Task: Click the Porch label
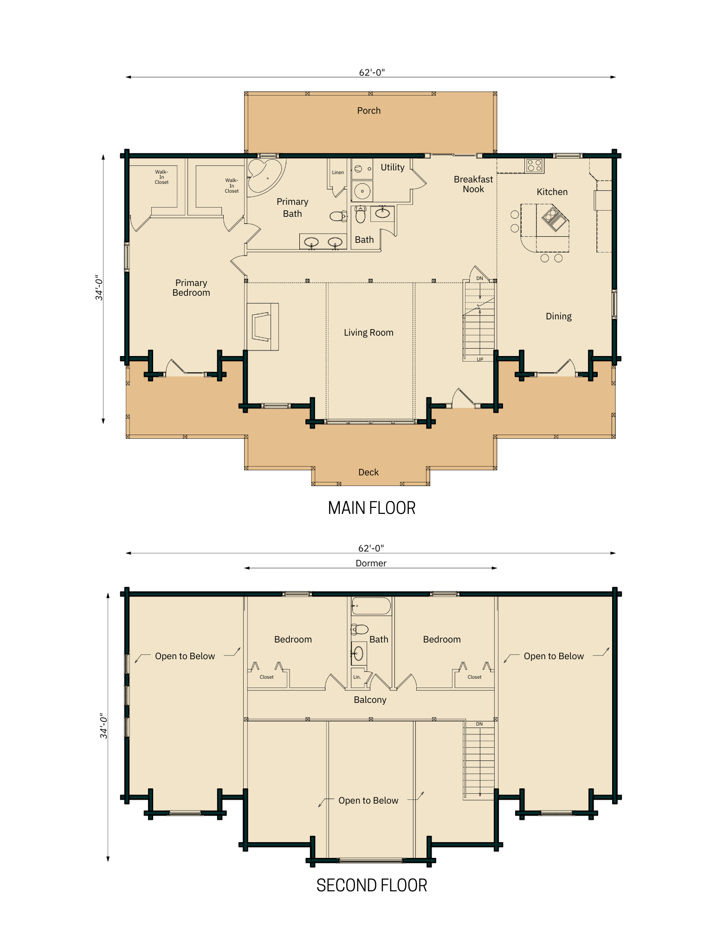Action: tap(368, 110)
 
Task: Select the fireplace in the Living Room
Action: tap(262, 326)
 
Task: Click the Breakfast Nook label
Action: tap(473, 184)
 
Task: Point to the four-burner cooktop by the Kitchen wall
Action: tap(534, 165)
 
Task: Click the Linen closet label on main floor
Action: tap(338, 173)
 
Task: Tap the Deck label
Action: tap(368, 472)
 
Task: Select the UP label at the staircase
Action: tap(480, 359)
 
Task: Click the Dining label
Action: tap(558, 316)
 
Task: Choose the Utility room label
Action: tap(392, 167)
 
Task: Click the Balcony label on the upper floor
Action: tap(370, 700)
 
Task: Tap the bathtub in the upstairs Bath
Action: tap(371, 606)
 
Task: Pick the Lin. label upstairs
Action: tap(357, 677)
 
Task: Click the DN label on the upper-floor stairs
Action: tap(479, 724)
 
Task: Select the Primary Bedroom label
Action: tap(191, 288)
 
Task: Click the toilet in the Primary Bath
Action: tap(337, 216)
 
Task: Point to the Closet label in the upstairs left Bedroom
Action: tap(266, 677)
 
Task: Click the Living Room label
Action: tap(368, 332)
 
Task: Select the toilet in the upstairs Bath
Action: tap(360, 629)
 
